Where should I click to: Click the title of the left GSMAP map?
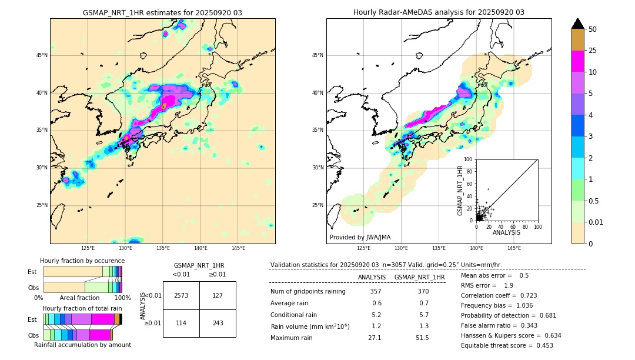click(x=162, y=12)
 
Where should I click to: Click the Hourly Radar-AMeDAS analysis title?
click(x=439, y=12)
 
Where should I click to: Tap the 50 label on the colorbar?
click(x=593, y=29)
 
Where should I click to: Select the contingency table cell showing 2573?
click(x=181, y=295)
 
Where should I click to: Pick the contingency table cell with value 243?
click(x=218, y=324)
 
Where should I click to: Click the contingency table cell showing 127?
click(x=218, y=295)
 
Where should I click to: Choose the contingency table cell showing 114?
click(x=181, y=324)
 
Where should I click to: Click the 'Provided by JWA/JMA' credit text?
click(x=360, y=238)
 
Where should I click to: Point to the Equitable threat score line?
click(x=507, y=345)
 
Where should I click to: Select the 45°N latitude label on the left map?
click(x=42, y=55)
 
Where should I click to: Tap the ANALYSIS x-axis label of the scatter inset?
click(x=506, y=232)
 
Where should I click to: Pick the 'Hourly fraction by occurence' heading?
click(x=82, y=261)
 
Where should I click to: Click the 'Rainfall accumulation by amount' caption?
click(x=82, y=345)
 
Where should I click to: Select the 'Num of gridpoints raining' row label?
click(x=308, y=291)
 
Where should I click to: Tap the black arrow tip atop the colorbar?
click(x=578, y=22)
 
